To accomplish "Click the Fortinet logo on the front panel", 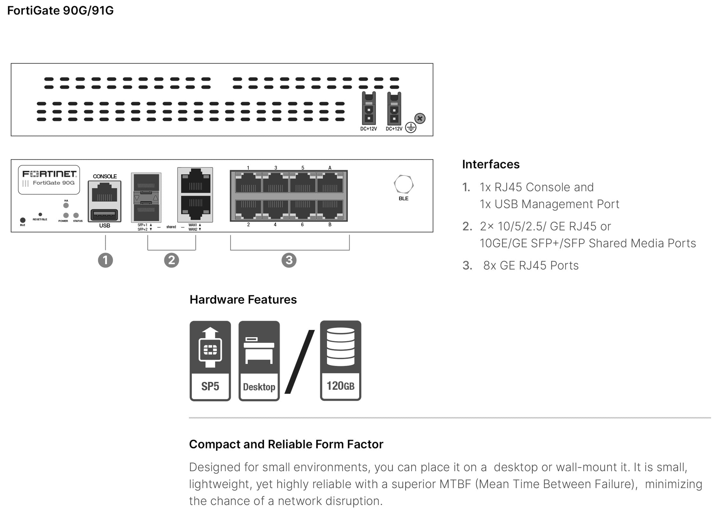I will pos(49,174).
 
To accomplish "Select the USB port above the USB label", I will pos(105,214).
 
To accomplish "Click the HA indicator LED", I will pos(66,205).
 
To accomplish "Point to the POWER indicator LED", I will pos(66,215).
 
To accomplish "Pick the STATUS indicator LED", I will pos(76,215).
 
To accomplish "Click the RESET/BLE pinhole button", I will pos(40,214).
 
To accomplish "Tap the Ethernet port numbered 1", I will pos(248,183).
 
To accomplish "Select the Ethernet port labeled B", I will pos(330,209).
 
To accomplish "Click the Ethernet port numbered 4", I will pos(275,209).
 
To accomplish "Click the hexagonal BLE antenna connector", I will pos(403,184).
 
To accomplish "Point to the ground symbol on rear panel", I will pos(411,128).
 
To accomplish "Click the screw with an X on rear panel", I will pos(420,118).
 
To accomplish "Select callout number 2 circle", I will pos(171,260).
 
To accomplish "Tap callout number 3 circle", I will pos(289,260).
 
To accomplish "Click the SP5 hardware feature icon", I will pos(210,361).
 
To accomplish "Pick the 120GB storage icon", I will pos(340,360).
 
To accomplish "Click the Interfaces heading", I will pos(491,164).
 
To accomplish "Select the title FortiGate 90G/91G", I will pos(60,11).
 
